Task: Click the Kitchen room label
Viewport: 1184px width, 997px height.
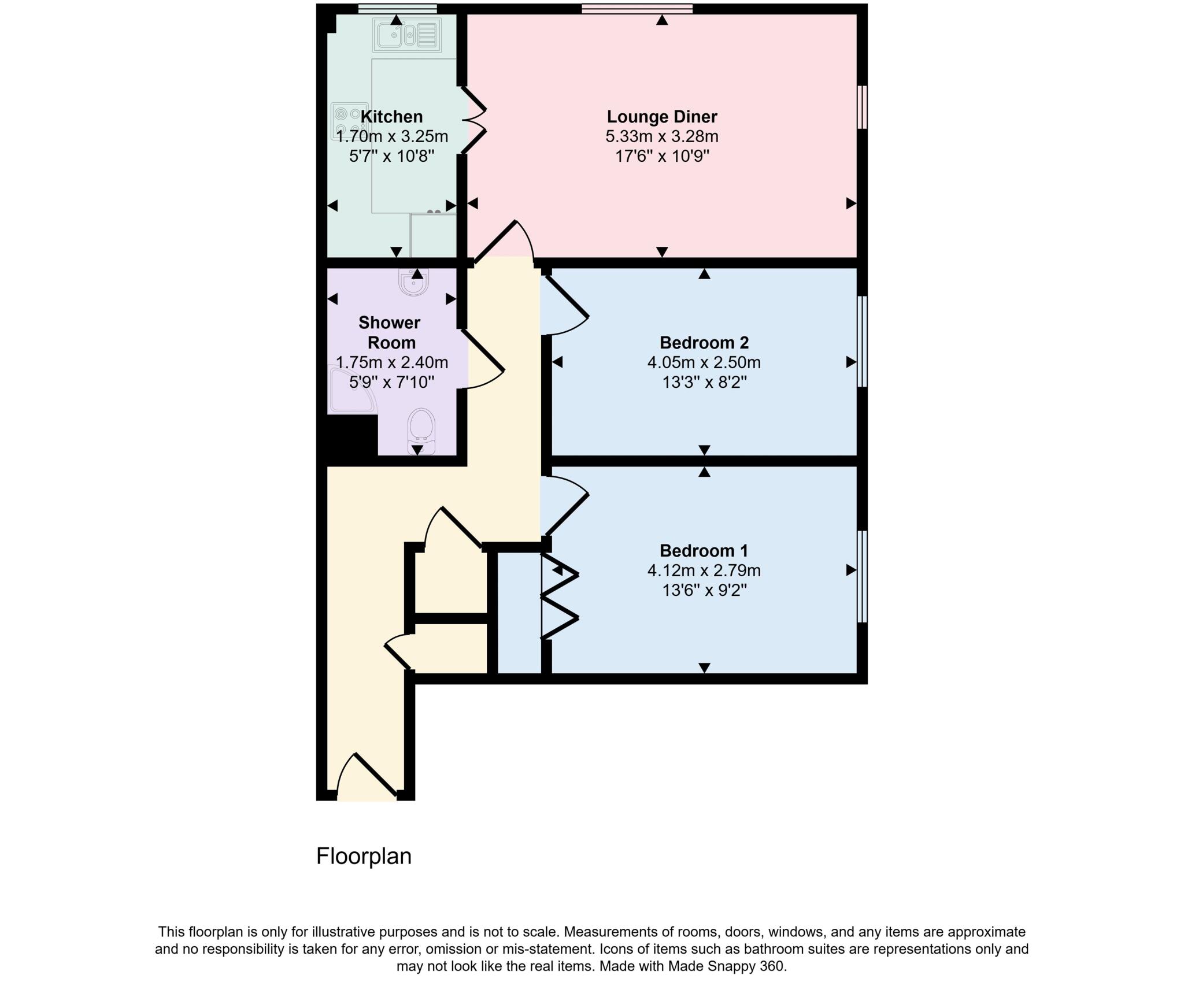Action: [391, 117]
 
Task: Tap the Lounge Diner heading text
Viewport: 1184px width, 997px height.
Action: [661, 117]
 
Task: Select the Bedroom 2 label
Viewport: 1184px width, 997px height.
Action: [704, 343]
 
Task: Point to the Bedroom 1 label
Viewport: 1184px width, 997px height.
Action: [704, 550]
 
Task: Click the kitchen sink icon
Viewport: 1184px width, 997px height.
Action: [406, 35]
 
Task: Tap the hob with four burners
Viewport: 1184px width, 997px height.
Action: [346, 121]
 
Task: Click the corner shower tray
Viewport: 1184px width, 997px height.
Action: [350, 390]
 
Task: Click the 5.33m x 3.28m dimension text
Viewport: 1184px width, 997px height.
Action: [661, 137]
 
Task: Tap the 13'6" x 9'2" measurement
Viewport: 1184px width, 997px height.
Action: [704, 590]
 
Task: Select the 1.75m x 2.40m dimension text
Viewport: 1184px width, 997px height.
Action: [391, 362]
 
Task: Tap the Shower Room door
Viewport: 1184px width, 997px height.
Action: [483, 358]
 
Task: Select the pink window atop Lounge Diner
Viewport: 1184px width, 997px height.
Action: [637, 8]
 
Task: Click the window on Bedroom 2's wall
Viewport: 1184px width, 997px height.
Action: [862, 341]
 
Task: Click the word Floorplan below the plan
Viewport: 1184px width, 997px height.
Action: [364, 856]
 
